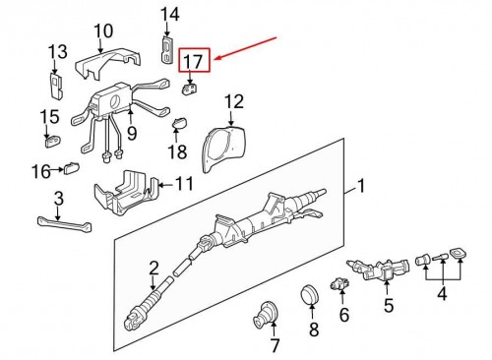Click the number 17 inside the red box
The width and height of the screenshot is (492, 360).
coord(193,61)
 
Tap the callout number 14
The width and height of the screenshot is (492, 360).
coord(170,15)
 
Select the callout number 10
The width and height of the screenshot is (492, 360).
coord(103,30)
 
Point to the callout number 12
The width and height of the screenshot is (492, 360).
coord(234,102)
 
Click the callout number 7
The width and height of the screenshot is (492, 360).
coord(275,345)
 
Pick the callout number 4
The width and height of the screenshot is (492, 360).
coord(443,293)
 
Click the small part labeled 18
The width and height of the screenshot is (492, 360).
coord(180,123)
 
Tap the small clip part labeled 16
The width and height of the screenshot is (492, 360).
coord(72,168)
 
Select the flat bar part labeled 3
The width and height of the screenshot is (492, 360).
coord(65,224)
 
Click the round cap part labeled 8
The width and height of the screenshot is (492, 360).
coord(310,294)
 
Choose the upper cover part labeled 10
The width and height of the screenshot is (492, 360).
coord(108,64)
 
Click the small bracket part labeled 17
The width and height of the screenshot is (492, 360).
coord(190,89)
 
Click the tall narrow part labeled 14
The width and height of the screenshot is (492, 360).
coord(167,49)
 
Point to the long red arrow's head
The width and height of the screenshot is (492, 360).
coord(215,60)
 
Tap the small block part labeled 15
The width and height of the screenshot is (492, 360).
coord(52,141)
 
